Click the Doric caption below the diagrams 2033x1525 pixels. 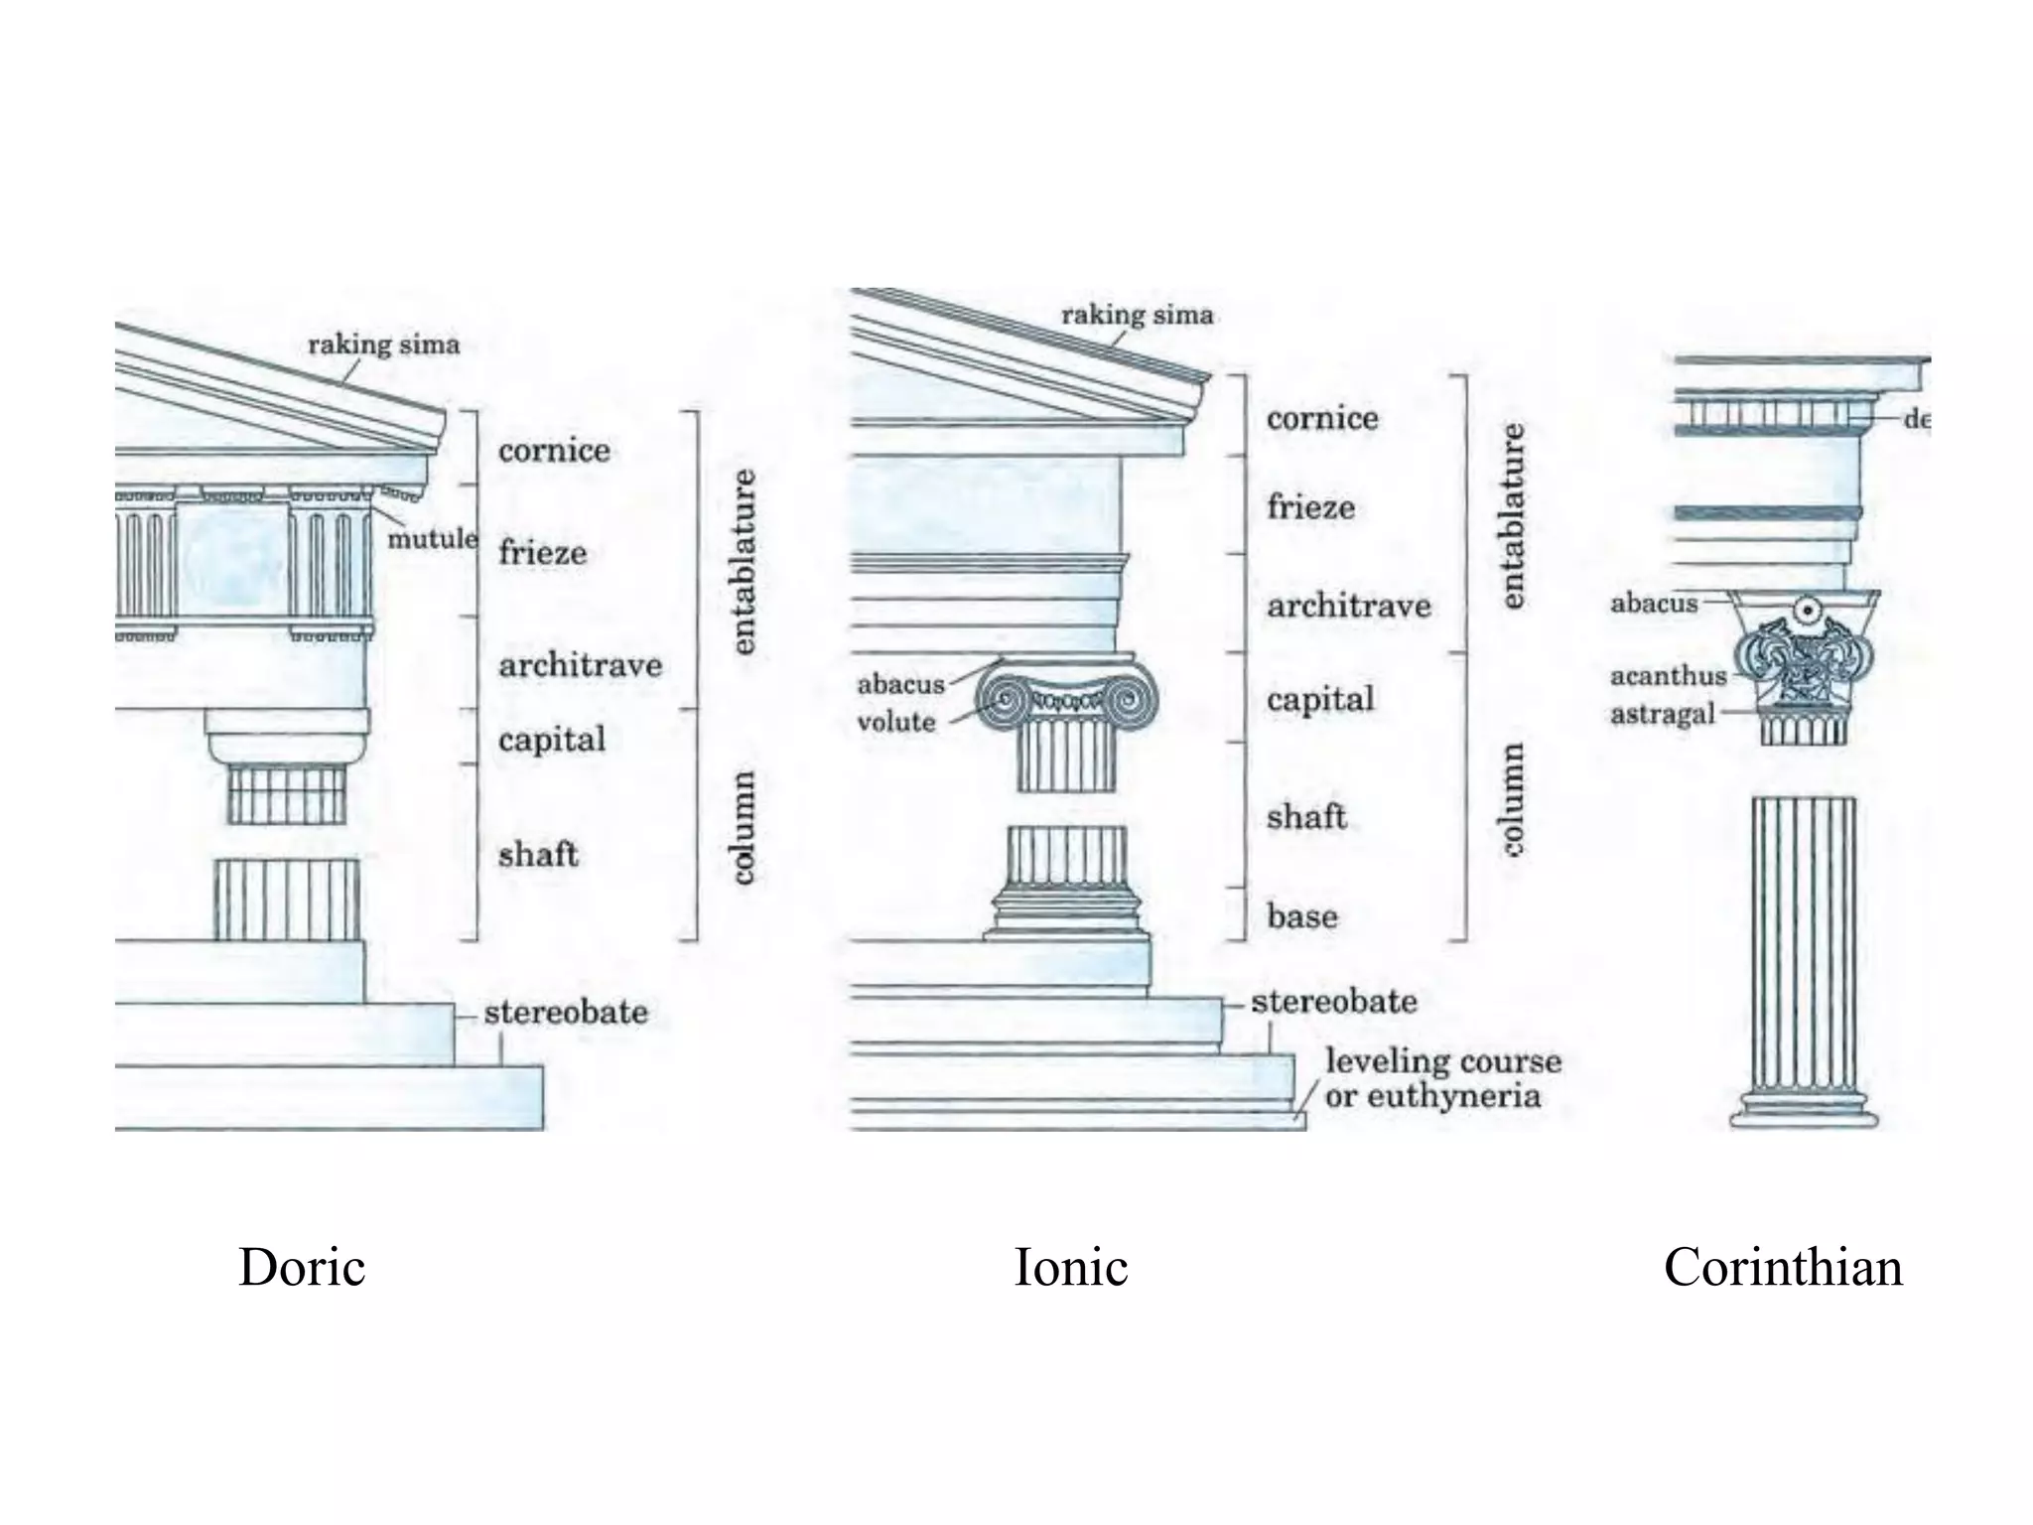pos(302,1267)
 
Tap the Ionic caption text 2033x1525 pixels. pos(1070,1267)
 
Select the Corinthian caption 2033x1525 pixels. pos(1783,1267)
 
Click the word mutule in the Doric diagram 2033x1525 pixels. pos(432,539)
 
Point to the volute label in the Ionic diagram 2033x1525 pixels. pos(895,722)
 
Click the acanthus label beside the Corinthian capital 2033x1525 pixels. pos(1668,676)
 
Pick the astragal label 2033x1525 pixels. pos(1662,714)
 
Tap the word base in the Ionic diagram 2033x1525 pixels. pos(1301,915)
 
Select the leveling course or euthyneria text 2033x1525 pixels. pos(1441,1078)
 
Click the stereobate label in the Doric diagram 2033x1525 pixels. pos(566,1013)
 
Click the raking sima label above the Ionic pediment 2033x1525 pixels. pos(1137,315)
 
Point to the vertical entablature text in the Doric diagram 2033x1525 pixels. pos(744,561)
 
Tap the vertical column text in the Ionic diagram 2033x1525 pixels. pos(1512,799)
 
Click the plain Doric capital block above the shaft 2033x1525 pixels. pos(287,736)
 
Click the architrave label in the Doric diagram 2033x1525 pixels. pos(580,665)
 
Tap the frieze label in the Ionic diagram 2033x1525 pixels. pos(1310,507)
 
